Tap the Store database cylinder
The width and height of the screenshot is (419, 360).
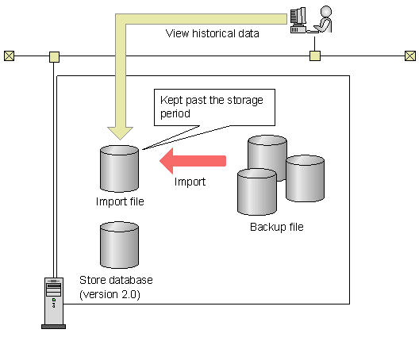[x=119, y=245]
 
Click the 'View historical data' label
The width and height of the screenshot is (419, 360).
[x=212, y=34]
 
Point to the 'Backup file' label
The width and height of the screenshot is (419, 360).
[x=276, y=228]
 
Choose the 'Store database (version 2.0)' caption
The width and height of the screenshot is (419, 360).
[x=116, y=287]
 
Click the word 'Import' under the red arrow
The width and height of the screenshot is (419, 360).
[x=190, y=182]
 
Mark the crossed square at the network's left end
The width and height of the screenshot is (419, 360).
[x=9, y=56]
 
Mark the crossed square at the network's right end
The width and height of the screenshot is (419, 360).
[x=409, y=56]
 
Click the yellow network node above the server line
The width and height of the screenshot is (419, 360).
[x=54, y=56]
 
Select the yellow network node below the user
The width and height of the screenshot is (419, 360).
[x=315, y=56]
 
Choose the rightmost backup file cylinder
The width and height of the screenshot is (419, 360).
[x=305, y=177]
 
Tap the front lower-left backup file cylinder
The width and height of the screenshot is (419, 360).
[x=257, y=193]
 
